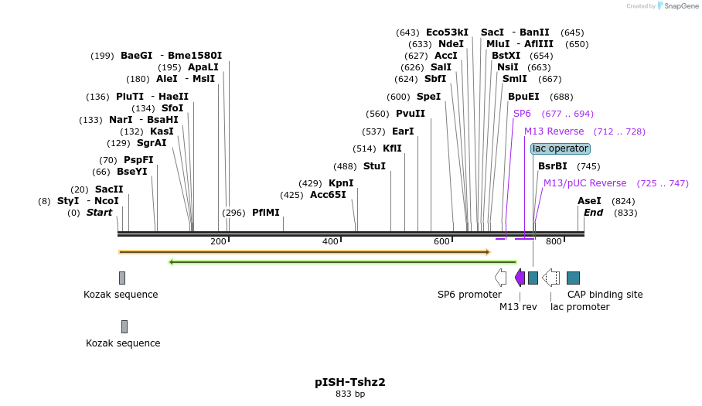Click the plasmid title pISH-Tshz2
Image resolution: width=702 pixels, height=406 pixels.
tap(349, 382)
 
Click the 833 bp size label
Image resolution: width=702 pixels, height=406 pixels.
tap(349, 394)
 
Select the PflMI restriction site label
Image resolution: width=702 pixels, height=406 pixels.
tap(265, 213)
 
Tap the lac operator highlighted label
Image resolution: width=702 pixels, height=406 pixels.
tap(561, 148)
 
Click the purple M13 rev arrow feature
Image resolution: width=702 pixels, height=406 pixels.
tap(520, 278)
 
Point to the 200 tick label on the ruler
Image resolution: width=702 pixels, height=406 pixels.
tap(218, 242)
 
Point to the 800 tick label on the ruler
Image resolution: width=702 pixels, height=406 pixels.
tap(554, 242)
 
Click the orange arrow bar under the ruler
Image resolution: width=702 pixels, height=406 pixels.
tap(304, 252)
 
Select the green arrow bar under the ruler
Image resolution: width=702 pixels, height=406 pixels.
tap(342, 262)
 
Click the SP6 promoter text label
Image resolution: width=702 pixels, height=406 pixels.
tap(469, 295)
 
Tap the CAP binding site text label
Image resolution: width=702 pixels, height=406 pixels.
tap(605, 295)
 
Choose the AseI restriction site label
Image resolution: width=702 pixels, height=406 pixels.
tap(589, 201)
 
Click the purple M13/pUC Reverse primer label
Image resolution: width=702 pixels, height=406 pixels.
tap(584, 183)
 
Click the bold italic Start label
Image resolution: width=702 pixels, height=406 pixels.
tap(99, 213)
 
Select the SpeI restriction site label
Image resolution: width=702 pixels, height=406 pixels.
tap(428, 97)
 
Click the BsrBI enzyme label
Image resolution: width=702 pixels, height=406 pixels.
tap(552, 166)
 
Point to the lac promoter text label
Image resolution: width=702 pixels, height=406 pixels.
tap(580, 307)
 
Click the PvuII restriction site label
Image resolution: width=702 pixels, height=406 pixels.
tap(411, 114)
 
